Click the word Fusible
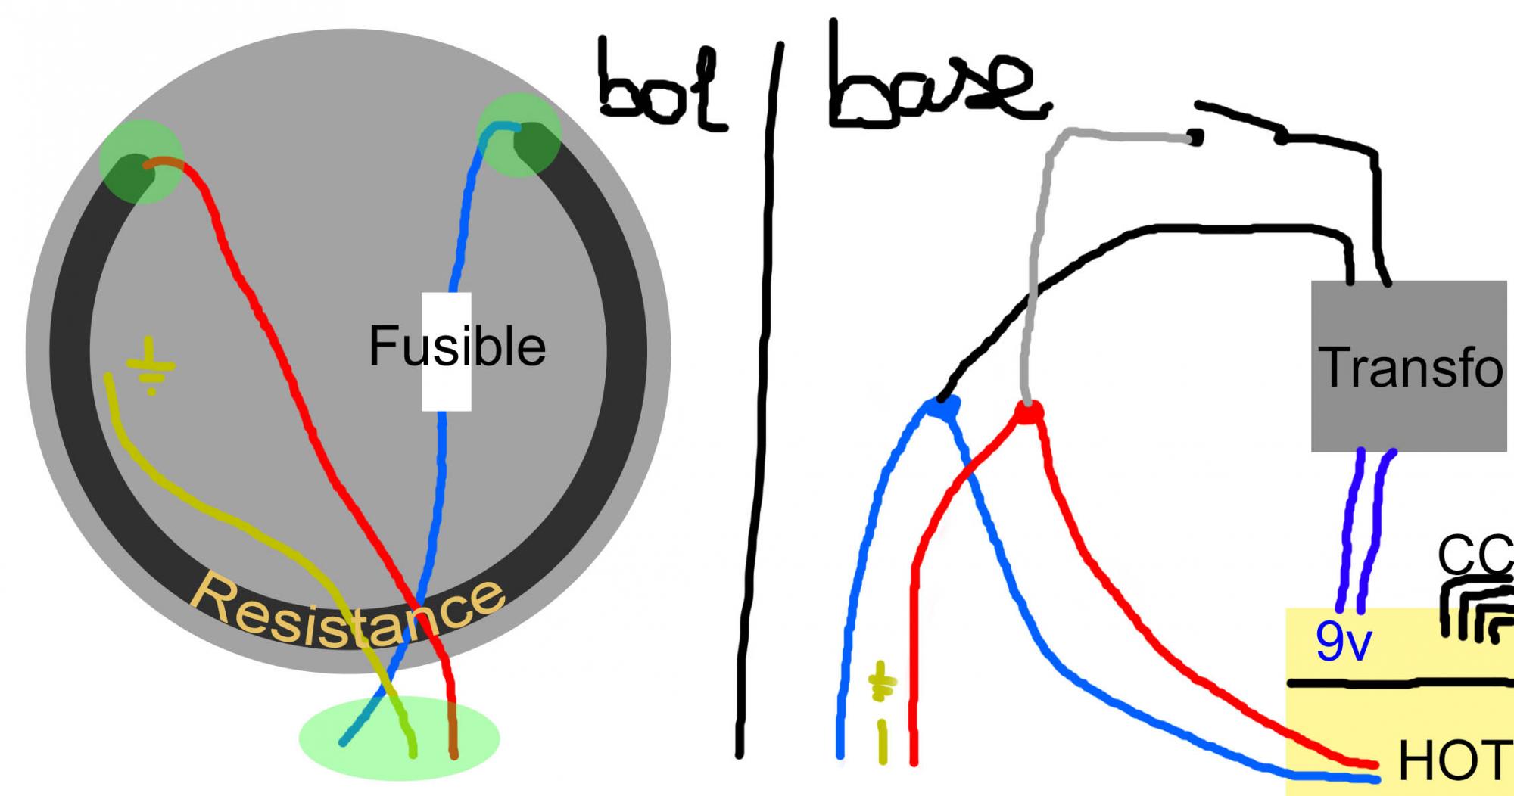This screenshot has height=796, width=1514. coord(457,347)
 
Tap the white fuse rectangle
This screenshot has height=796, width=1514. coord(447,393)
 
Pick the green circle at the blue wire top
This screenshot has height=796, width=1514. coord(519,135)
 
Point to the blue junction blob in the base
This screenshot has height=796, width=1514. coord(942,409)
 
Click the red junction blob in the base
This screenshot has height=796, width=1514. coord(1027,412)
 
